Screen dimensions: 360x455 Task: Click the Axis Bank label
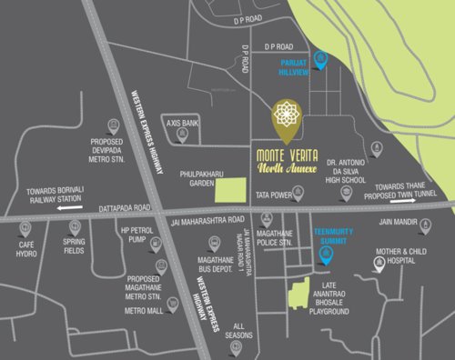[x=182, y=121]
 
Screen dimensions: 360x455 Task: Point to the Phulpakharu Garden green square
[x=229, y=190]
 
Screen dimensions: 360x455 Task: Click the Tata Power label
[x=271, y=195]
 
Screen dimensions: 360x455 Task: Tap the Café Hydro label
[x=26, y=250]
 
